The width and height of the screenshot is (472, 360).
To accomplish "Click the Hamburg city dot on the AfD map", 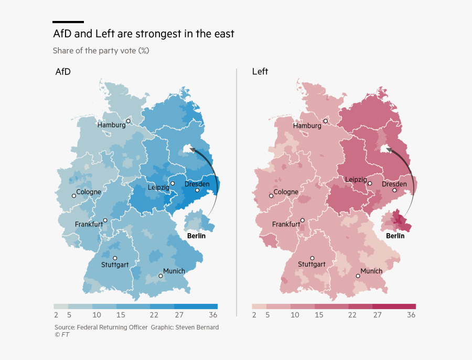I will tap(128, 121).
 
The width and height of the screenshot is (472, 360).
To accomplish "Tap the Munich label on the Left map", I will tap(371, 271).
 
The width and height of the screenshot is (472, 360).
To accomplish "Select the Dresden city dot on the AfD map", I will tap(197, 190).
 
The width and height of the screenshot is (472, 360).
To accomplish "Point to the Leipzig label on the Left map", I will tap(356, 179).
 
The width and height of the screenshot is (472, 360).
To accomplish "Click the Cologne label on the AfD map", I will tap(89, 192).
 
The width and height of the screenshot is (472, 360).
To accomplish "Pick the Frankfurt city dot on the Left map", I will tap(303, 221).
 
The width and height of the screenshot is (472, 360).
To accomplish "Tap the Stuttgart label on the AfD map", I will tap(115, 265).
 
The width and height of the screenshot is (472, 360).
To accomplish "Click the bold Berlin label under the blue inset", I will tap(196, 236).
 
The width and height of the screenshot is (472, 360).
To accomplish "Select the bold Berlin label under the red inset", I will tap(395, 236).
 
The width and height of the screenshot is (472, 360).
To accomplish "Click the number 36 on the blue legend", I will tap(213, 315).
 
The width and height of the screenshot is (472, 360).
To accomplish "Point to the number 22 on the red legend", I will tap(352, 315).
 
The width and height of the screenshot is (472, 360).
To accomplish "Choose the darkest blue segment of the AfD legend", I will tap(196, 306).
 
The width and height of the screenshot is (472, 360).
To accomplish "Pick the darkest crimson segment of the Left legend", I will tap(394, 306).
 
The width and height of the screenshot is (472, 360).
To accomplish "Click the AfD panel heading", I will tap(63, 72).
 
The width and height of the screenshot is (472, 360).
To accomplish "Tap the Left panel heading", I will tap(260, 72).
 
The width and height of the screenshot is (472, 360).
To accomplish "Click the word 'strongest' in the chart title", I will tap(160, 34).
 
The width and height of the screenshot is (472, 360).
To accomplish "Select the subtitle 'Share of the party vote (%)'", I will tap(101, 51).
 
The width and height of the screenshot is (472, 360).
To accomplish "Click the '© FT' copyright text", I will tap(62, 335).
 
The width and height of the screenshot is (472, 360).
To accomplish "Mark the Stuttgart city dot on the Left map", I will tap(312, 258).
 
